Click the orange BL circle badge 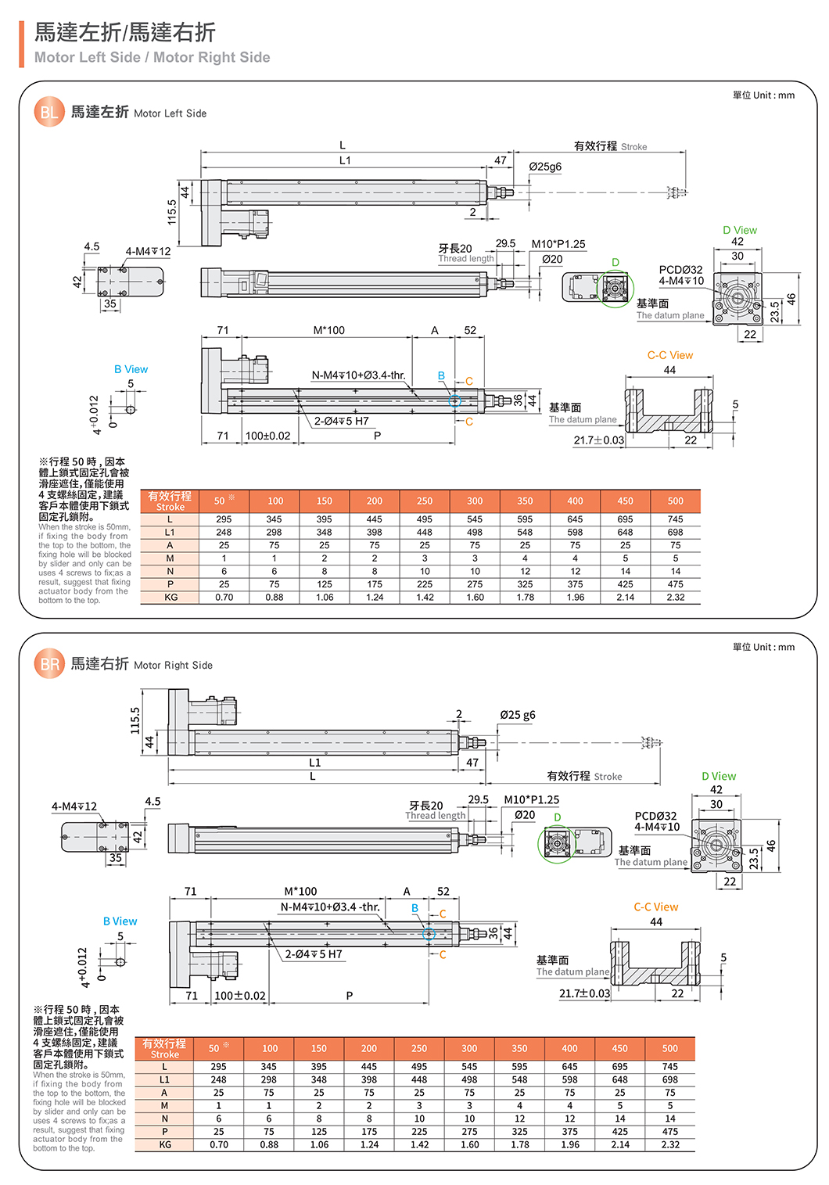tap(48, 112)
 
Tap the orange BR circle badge tap(48, 664)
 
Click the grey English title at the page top tap(152, 57)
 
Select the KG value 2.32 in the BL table tap(675, 597)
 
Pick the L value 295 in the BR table tap(218, 1066)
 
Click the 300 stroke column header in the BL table tap(475, 501)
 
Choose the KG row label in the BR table tap(165, 1144)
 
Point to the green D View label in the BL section tap(739, 230)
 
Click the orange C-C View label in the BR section tap(655, 907)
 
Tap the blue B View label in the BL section tap(131, 369)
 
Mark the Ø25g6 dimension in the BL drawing tap(545, 167)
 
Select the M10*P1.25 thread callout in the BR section tap(531, 799)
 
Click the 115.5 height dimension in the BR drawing tap(135, 720)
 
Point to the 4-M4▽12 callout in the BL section tap(148, 251)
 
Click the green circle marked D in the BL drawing tap(615, 289)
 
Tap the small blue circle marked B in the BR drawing tap(429, 934)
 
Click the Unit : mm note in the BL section tap(763, 95)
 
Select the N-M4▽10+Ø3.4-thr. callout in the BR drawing tap(330, 907)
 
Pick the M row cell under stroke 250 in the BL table tap(425, 558)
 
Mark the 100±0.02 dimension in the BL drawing tap(267, 436)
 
